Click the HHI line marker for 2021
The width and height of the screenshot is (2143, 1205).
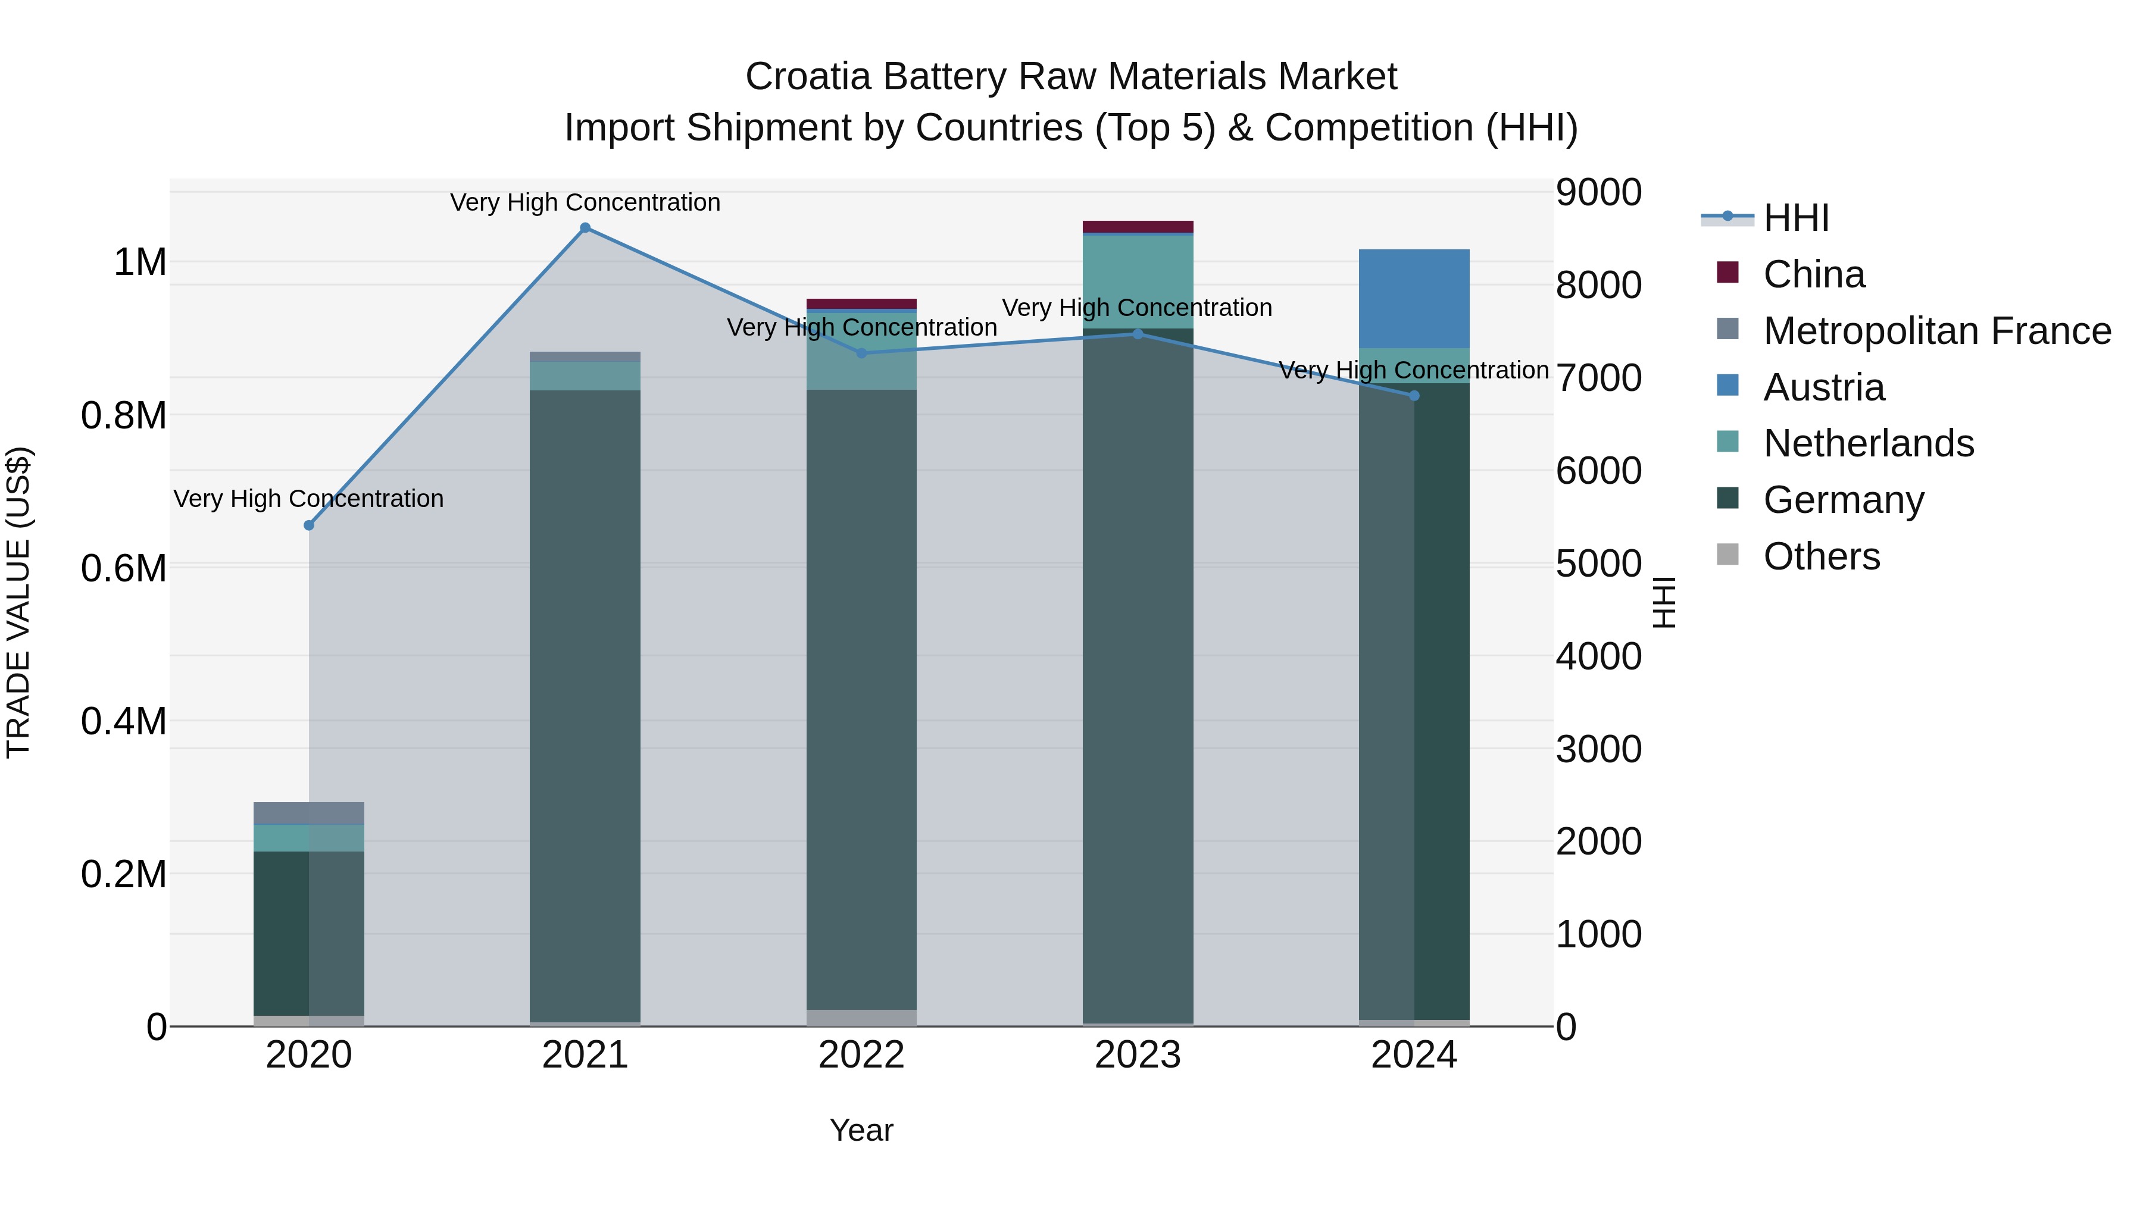coord(585,228)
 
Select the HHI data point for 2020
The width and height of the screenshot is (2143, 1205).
coord(308,525)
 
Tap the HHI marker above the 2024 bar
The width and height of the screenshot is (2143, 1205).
coord(1414,396)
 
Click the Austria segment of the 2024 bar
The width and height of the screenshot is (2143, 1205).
coord(1414,299)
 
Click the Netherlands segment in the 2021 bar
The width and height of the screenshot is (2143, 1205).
coord(585,376)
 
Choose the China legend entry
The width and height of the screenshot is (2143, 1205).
coord(1814,274)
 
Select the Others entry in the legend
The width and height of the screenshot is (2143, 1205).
coord(1821,556)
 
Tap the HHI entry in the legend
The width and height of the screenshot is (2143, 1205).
coord(1796,218)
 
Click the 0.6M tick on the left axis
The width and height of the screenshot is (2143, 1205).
coord(124,569)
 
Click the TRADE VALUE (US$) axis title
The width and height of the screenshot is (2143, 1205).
coord(18,602)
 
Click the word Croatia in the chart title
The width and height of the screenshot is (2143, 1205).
coord(808,77)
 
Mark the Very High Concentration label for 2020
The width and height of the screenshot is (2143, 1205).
coord(308,499)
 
